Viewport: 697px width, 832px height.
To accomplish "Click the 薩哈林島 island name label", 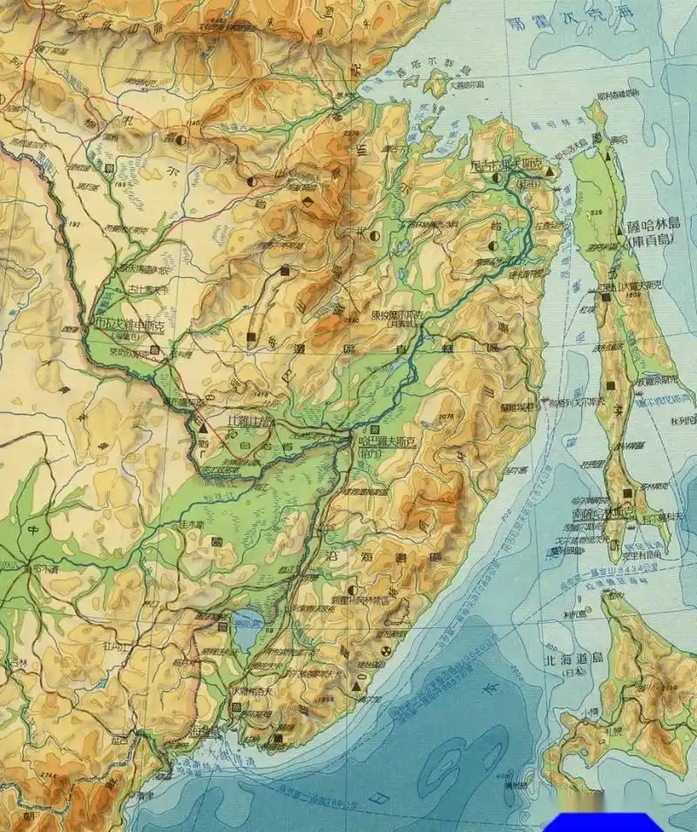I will tap(652, 226).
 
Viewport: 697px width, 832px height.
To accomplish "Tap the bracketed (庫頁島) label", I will tap(651, 240).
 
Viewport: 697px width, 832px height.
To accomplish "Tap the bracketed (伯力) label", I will tap(369, 453).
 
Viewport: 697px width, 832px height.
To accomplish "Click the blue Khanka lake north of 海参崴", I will tap(247, 632).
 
